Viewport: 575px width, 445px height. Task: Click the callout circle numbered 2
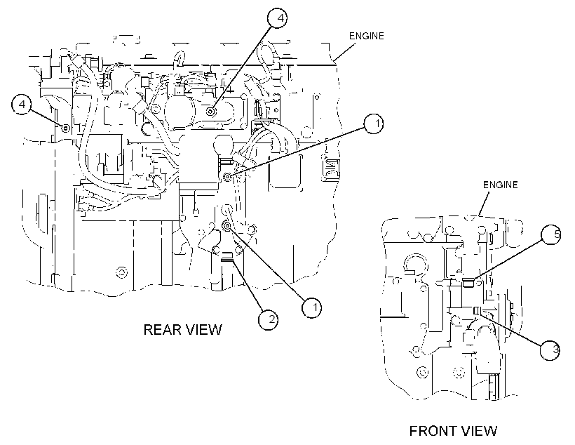268,319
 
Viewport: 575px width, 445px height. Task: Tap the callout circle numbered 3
550,349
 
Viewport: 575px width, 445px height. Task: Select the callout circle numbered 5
551,234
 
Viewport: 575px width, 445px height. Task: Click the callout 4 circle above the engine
277,18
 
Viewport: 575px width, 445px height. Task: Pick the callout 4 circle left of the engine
22,105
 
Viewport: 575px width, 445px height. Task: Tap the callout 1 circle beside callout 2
312,307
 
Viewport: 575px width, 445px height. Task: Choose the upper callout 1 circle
374,124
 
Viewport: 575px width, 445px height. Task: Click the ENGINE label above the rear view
366,36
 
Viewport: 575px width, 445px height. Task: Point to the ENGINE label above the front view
500,185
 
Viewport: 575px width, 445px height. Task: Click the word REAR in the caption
161,329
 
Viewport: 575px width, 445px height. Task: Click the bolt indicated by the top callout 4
210,111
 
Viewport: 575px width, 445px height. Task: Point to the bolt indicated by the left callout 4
66,128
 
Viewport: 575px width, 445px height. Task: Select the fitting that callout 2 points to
227,257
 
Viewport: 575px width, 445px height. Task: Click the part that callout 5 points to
468,283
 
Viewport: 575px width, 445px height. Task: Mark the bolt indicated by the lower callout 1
226,225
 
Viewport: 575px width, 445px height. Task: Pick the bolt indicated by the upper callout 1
227,178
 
